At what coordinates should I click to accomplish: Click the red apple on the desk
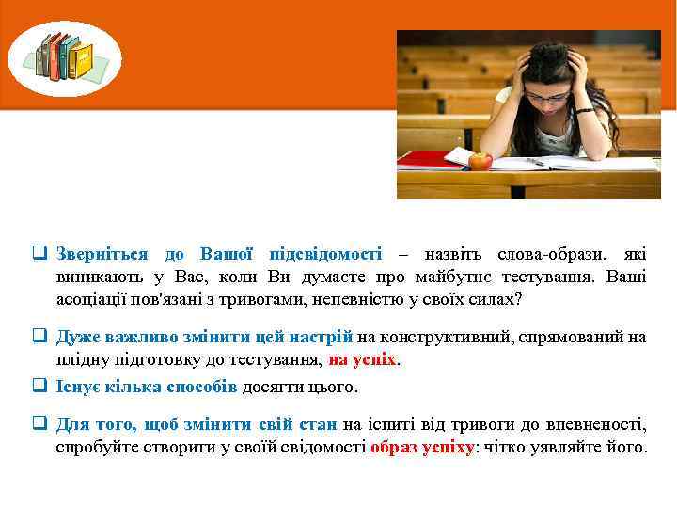click(480, 160)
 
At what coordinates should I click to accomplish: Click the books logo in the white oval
click(65, 57)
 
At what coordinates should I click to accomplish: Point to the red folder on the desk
click(428, 159)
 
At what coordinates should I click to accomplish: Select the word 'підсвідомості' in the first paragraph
click(325, 254)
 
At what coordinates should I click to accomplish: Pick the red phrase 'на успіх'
click(363, 359)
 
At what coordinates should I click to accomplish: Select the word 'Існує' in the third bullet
click(76, 386)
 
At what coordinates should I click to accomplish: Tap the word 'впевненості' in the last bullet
click(599, 424)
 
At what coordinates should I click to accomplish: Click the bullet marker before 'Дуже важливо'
click(40, 337)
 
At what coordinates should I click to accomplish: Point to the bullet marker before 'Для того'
click(40, 424)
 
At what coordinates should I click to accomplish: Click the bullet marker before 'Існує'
click(40, 386)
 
